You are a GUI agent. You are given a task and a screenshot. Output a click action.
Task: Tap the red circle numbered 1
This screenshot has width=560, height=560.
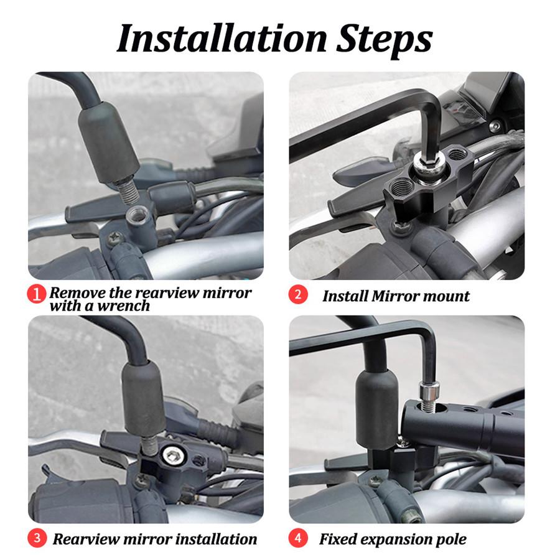[39, 294]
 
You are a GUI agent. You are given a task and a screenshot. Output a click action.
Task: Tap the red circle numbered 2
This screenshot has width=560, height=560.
[298, 294]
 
